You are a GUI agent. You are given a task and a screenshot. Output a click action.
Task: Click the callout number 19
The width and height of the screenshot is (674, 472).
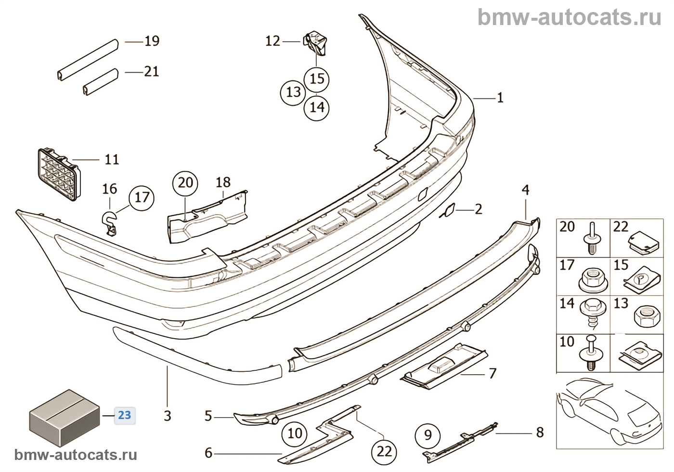(x=152, y=41)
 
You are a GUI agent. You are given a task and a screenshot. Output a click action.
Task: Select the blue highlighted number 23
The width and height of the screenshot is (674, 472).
(x=125, y=415)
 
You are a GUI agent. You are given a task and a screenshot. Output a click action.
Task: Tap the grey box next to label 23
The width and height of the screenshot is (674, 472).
(x=65, y=417)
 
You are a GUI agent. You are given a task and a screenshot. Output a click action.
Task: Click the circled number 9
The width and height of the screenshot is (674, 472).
(x=428, y=436)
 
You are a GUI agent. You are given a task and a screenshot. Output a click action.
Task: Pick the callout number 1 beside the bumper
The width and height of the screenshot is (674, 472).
(x=500, y=98)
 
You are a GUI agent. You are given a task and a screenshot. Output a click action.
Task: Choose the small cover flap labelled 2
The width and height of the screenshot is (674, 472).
(x=447, y=210)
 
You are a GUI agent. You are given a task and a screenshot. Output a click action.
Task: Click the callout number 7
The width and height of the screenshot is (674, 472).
(x=492, y=373)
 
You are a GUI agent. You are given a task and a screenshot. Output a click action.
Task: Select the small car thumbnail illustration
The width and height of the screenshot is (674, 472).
(x=609, y=409)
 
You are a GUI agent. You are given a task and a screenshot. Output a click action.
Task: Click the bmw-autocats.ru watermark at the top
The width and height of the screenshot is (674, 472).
(x=570, y=18)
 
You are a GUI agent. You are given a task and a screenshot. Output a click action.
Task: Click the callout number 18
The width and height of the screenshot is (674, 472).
(x=223, y=183)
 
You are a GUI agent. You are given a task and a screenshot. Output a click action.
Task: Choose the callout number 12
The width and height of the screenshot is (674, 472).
(x=272, y=41)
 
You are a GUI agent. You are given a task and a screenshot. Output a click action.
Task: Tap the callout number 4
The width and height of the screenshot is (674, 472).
(x=525, y=190)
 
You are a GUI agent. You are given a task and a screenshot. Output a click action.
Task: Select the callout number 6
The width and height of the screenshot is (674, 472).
(x=208, y=453)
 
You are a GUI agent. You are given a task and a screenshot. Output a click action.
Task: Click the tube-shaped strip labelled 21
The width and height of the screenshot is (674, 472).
(x=101, y=81)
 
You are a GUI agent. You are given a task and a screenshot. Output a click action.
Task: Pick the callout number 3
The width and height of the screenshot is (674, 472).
(x=167, y=416)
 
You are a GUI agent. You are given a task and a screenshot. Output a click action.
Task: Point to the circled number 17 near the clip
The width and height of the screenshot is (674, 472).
(x=142, y=197)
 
